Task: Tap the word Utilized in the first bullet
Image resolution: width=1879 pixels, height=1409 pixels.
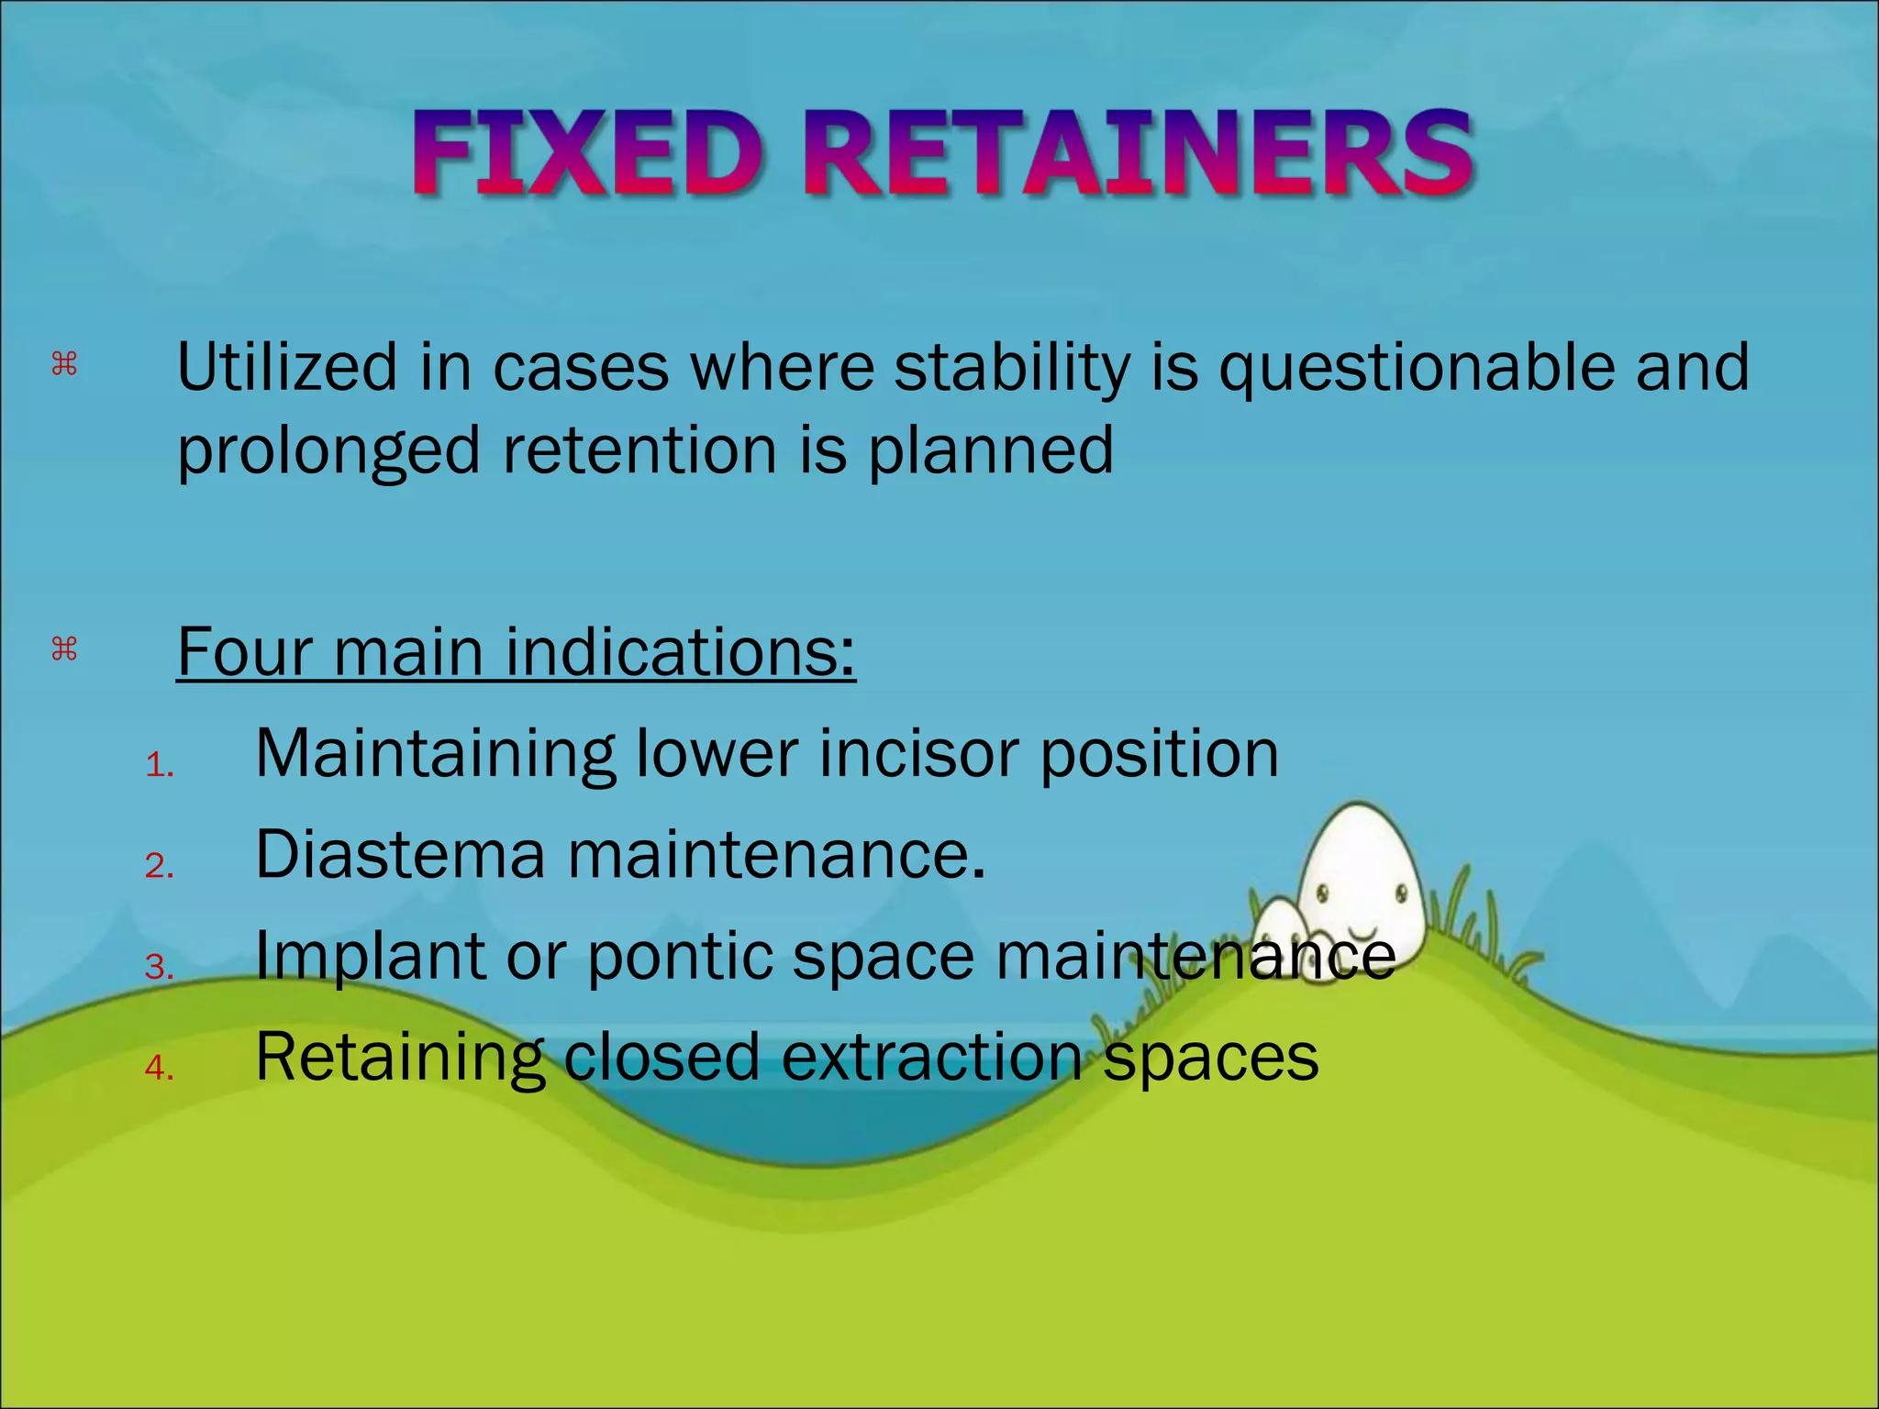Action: click(x=287, y=367)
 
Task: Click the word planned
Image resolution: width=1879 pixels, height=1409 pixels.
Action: click(x=991, y=451)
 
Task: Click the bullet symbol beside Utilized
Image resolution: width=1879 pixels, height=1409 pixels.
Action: click(x=64, y=365)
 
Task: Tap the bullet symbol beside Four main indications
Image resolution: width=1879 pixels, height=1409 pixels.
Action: click(x=64, y=650)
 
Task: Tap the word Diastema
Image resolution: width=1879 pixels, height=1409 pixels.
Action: click(x=400, y=855)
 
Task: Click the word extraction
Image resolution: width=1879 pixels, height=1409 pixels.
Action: click(x=932, y=1057)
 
